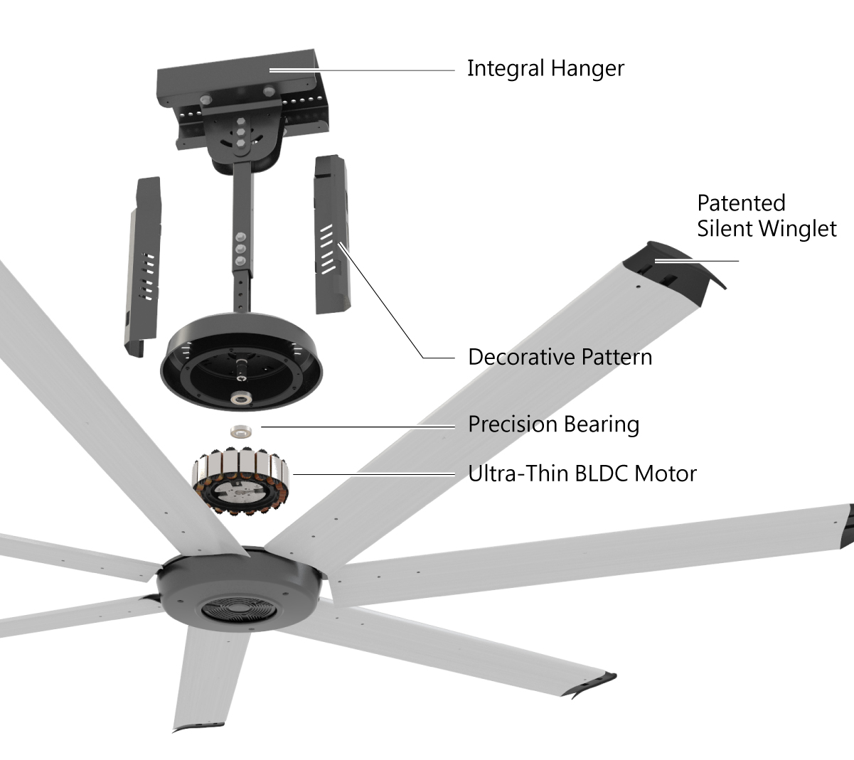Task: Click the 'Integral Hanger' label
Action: pyautogui.click(x=545, y=69)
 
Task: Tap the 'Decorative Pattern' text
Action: pyautogui.click(x=560, y=356)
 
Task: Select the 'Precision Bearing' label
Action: pyautogui.click(x=553, y=424)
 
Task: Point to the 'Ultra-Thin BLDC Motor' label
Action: pyautogui.click(x=582, y=473)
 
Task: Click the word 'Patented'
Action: pyautogui.click(x=741, y=203)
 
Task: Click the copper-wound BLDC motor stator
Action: pyautogui.click(x=242, y=481)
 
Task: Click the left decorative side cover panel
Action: pyautogui.click(x=144, y=267)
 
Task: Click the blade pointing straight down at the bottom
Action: pyautogui.click(x=210, y=675)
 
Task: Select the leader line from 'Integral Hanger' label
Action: pyautogui.click(x=363, y=70)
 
